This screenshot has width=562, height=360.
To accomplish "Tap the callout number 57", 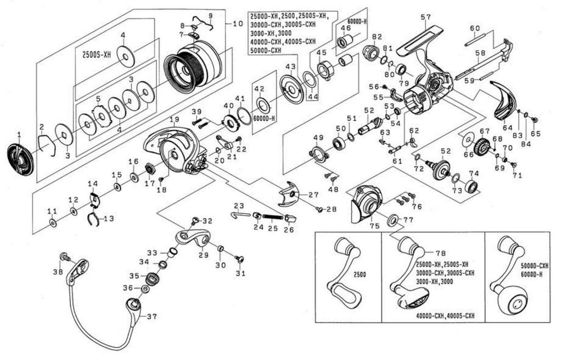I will (x=426, y=17).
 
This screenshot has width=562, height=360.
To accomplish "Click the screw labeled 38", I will (x=64, y=257).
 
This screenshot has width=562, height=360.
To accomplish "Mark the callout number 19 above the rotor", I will (x=175, y=120).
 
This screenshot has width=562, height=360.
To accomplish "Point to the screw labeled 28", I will (x=319, y=209).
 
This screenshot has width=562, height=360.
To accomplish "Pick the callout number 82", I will (x=376, y=37).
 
